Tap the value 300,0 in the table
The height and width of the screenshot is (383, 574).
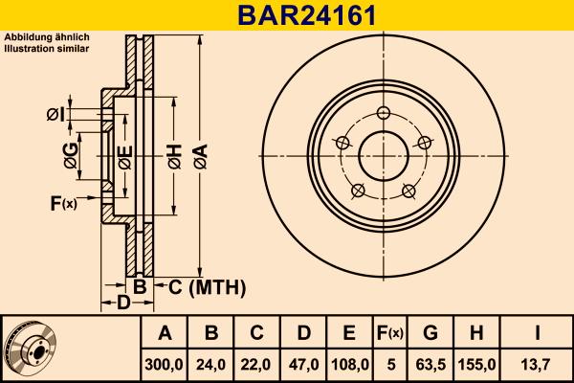point(165,364)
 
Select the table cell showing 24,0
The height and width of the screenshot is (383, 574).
point(211,364)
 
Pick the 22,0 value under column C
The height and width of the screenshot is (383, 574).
point(257,364)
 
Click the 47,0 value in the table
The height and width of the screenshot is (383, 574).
point(303,364)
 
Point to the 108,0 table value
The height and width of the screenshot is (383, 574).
point(349,364)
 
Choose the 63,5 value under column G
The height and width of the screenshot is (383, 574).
point(430,364)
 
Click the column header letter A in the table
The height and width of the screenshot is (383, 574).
point(165,333)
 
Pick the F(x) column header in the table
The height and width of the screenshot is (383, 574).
point(390,333)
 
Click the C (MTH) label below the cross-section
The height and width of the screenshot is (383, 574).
point(201,287)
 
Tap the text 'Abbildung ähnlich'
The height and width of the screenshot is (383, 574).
point(47,36)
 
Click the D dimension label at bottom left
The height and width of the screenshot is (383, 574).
point(122,304)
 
